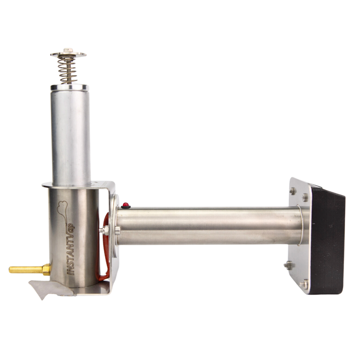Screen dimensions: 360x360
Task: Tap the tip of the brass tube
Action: coord(10,269)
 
